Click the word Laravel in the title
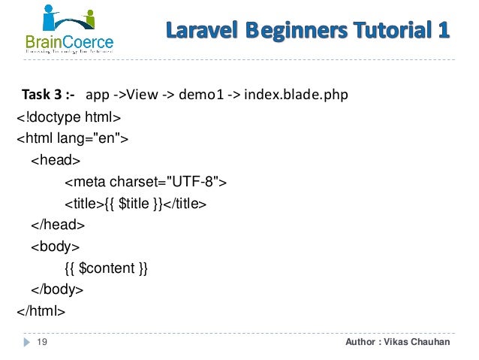coord(198,31)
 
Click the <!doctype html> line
coord(68,117)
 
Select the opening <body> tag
coord(56,246)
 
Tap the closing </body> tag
coord(57,289)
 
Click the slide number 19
coord(42,343)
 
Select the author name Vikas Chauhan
coord(420,343)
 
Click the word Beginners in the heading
coord(289,31)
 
